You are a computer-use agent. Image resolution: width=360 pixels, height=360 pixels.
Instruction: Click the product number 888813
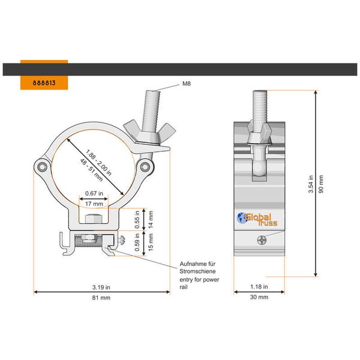[x=44, y=82]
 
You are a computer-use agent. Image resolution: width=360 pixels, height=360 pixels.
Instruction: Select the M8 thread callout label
[x=187, y=86]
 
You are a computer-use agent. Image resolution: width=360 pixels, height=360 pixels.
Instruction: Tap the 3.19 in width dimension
[x=101, y=286]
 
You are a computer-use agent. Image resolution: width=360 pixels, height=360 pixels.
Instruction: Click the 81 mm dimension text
[x=101, y=298]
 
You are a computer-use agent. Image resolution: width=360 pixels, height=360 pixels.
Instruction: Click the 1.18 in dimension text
[x=259, y=286]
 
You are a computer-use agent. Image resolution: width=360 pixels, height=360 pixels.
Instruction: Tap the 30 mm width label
[x=259, y=298]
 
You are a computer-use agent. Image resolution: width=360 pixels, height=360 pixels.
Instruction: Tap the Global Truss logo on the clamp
[x=256, y=219]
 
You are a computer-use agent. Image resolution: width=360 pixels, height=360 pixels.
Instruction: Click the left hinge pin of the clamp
[x=41, y=166]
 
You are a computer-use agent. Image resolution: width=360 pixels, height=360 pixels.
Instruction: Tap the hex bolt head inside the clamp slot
[x=92, y=220]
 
